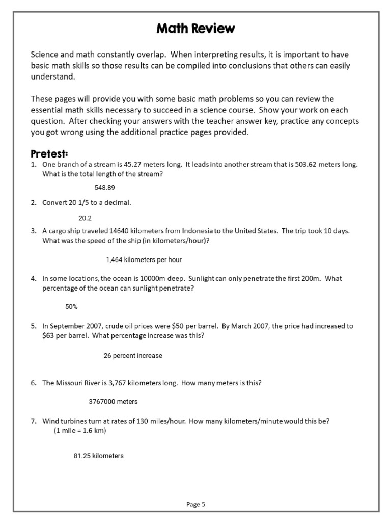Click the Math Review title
coord(195,29)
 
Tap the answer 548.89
coord(105,187)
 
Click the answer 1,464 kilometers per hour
coord(144,260)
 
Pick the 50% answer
coord(71,307)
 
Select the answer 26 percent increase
coord(133,356)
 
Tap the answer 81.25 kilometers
coord(99,456)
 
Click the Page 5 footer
coord(196,505)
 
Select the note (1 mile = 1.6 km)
coord(79,430)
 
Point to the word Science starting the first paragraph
coord(44,54)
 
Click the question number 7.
coord(33,421)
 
